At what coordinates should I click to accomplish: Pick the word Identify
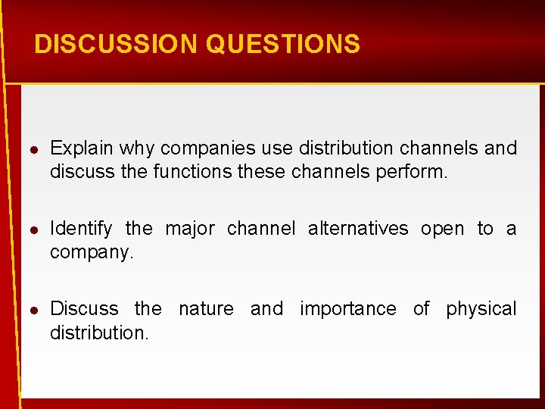pos(81,228)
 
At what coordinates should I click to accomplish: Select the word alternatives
pos(358,228)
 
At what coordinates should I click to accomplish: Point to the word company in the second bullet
pos(91,252)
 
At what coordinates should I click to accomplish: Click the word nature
pos(206,308)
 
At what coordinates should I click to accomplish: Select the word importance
pos(347,308)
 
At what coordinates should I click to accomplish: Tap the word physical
pos(481,308)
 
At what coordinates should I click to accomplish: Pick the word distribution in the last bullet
pos(98,333)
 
